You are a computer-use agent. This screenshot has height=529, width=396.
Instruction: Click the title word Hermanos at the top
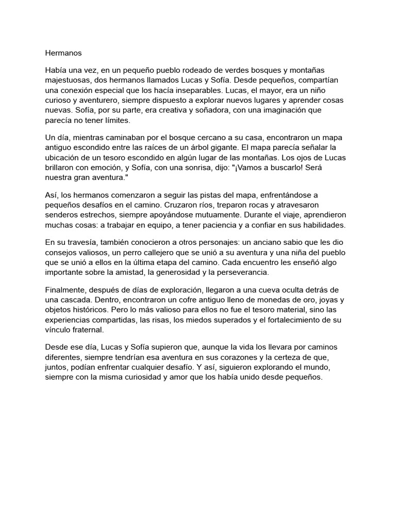click(x=63, y=53)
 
